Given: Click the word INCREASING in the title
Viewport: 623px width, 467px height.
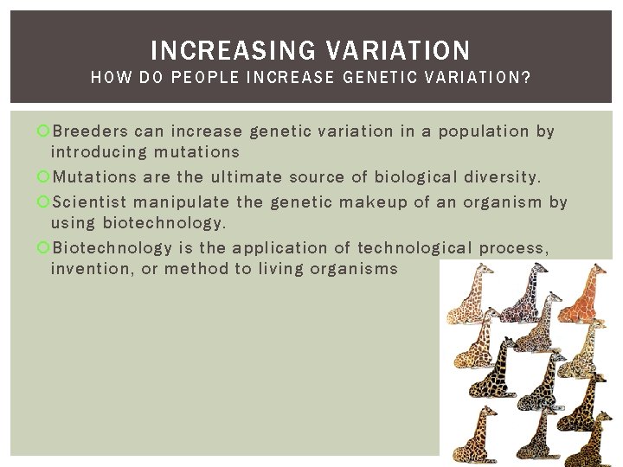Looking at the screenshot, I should pos(225,49).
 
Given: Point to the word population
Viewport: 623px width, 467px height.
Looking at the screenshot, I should pos(485,131).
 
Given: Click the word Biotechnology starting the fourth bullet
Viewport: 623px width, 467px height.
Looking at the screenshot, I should pos(112,248).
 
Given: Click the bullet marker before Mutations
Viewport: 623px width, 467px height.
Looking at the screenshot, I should pos(45,178).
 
